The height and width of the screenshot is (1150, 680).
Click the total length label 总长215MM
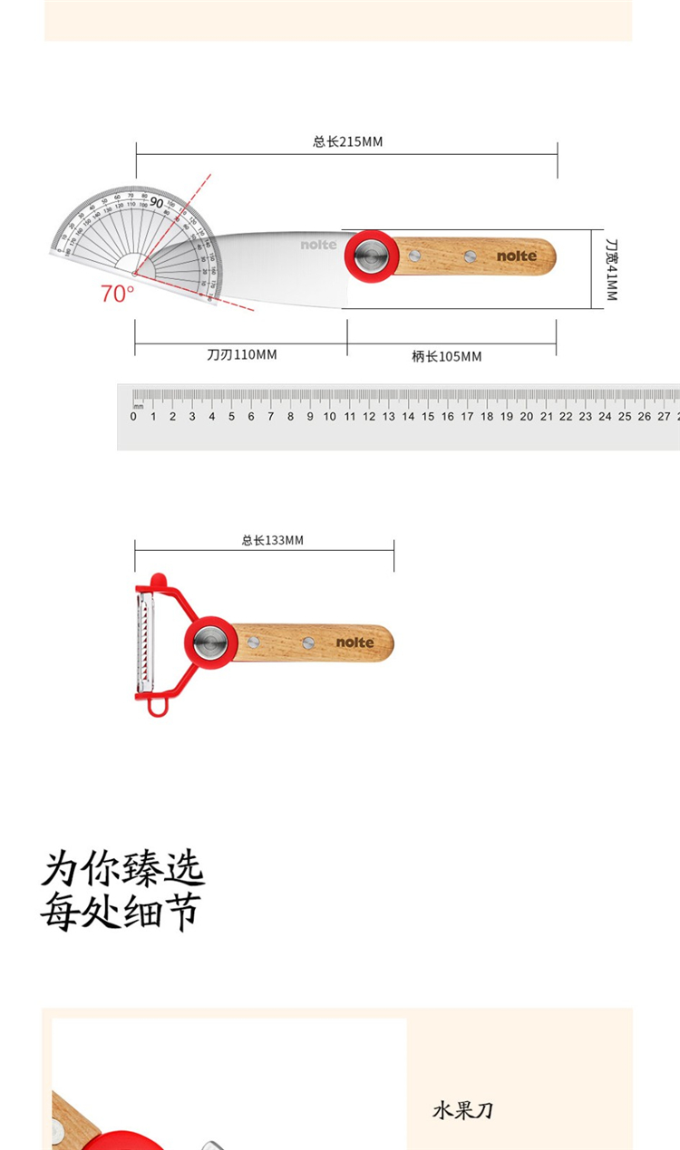pyautogui.click(x=347, y=141)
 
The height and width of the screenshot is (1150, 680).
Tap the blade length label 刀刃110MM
pyautogui.click(x=241, y=354)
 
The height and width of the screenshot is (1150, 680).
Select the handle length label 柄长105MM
pyautogui.click(x=446, y=356)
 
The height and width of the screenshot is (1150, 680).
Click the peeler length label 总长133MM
pyautogui.click(x=272, y=540)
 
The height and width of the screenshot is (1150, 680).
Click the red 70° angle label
pyautogui.click(x=117, y=294)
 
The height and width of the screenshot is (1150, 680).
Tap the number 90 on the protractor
pyautogui.click(x=157, y=203)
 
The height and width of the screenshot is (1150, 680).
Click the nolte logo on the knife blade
pyautogui.click(x=318, y=245)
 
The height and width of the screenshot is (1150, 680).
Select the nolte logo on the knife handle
pyautogui.click(x=516, y=256)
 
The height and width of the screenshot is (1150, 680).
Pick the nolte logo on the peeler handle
pyautogui.click(x=355, y=643)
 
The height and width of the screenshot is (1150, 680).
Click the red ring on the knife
pyautogui.click(x=370, y=255)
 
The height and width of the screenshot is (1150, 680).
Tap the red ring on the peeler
pyautogui.click(x=211, y=642)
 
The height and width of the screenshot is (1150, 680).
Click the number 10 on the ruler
pyautogui.click(x=329, y=417)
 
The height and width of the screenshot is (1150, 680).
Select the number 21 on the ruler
pyautogui.click(x=546, y=417)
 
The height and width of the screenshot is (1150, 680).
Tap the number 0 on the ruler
pyautogui.click(x=133, y=417)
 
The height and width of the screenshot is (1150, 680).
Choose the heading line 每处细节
pyautogui.click(x=120, y=911)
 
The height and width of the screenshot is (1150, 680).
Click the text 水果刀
pyautogui.click(x=462, y=1110)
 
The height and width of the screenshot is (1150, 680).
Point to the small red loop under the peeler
pyautogui.click(x=159, y=705)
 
